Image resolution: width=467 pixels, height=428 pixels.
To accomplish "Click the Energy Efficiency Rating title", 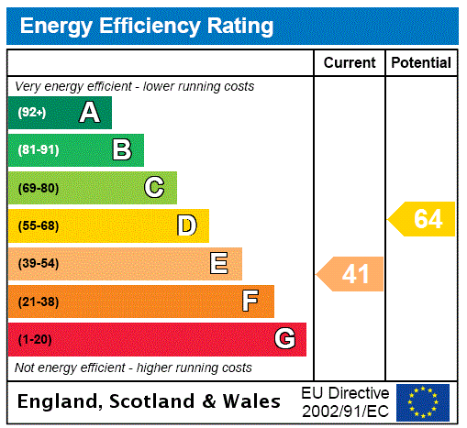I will [146, 27].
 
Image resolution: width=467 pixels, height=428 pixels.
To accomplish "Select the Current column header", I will [350, 62].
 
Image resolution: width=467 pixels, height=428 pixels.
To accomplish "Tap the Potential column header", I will [421, 62].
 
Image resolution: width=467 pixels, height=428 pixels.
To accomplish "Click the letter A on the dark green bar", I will [89, 113].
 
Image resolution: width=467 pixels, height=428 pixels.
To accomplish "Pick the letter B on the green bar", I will [121, 150].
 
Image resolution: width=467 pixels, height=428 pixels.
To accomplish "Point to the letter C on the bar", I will [154, 188].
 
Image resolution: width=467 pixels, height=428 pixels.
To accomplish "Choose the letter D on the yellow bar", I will [186, 225].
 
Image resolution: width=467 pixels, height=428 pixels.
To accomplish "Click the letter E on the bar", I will [219, 264].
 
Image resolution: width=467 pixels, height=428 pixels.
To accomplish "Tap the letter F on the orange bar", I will [250, 301].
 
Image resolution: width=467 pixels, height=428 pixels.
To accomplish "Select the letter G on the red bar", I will [284, 339].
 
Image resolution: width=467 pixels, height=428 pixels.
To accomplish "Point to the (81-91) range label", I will [38, 150].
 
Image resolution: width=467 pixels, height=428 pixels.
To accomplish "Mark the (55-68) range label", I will [38, 225].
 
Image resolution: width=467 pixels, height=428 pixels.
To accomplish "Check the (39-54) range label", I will [38, 264].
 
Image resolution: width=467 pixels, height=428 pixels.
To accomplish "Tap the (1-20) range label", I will [35, 339].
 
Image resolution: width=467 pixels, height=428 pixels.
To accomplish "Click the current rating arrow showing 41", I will [351, 273].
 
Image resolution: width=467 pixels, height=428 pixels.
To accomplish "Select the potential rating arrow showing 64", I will [423, 219].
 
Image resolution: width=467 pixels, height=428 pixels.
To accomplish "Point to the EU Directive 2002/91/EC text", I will [345, 401].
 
